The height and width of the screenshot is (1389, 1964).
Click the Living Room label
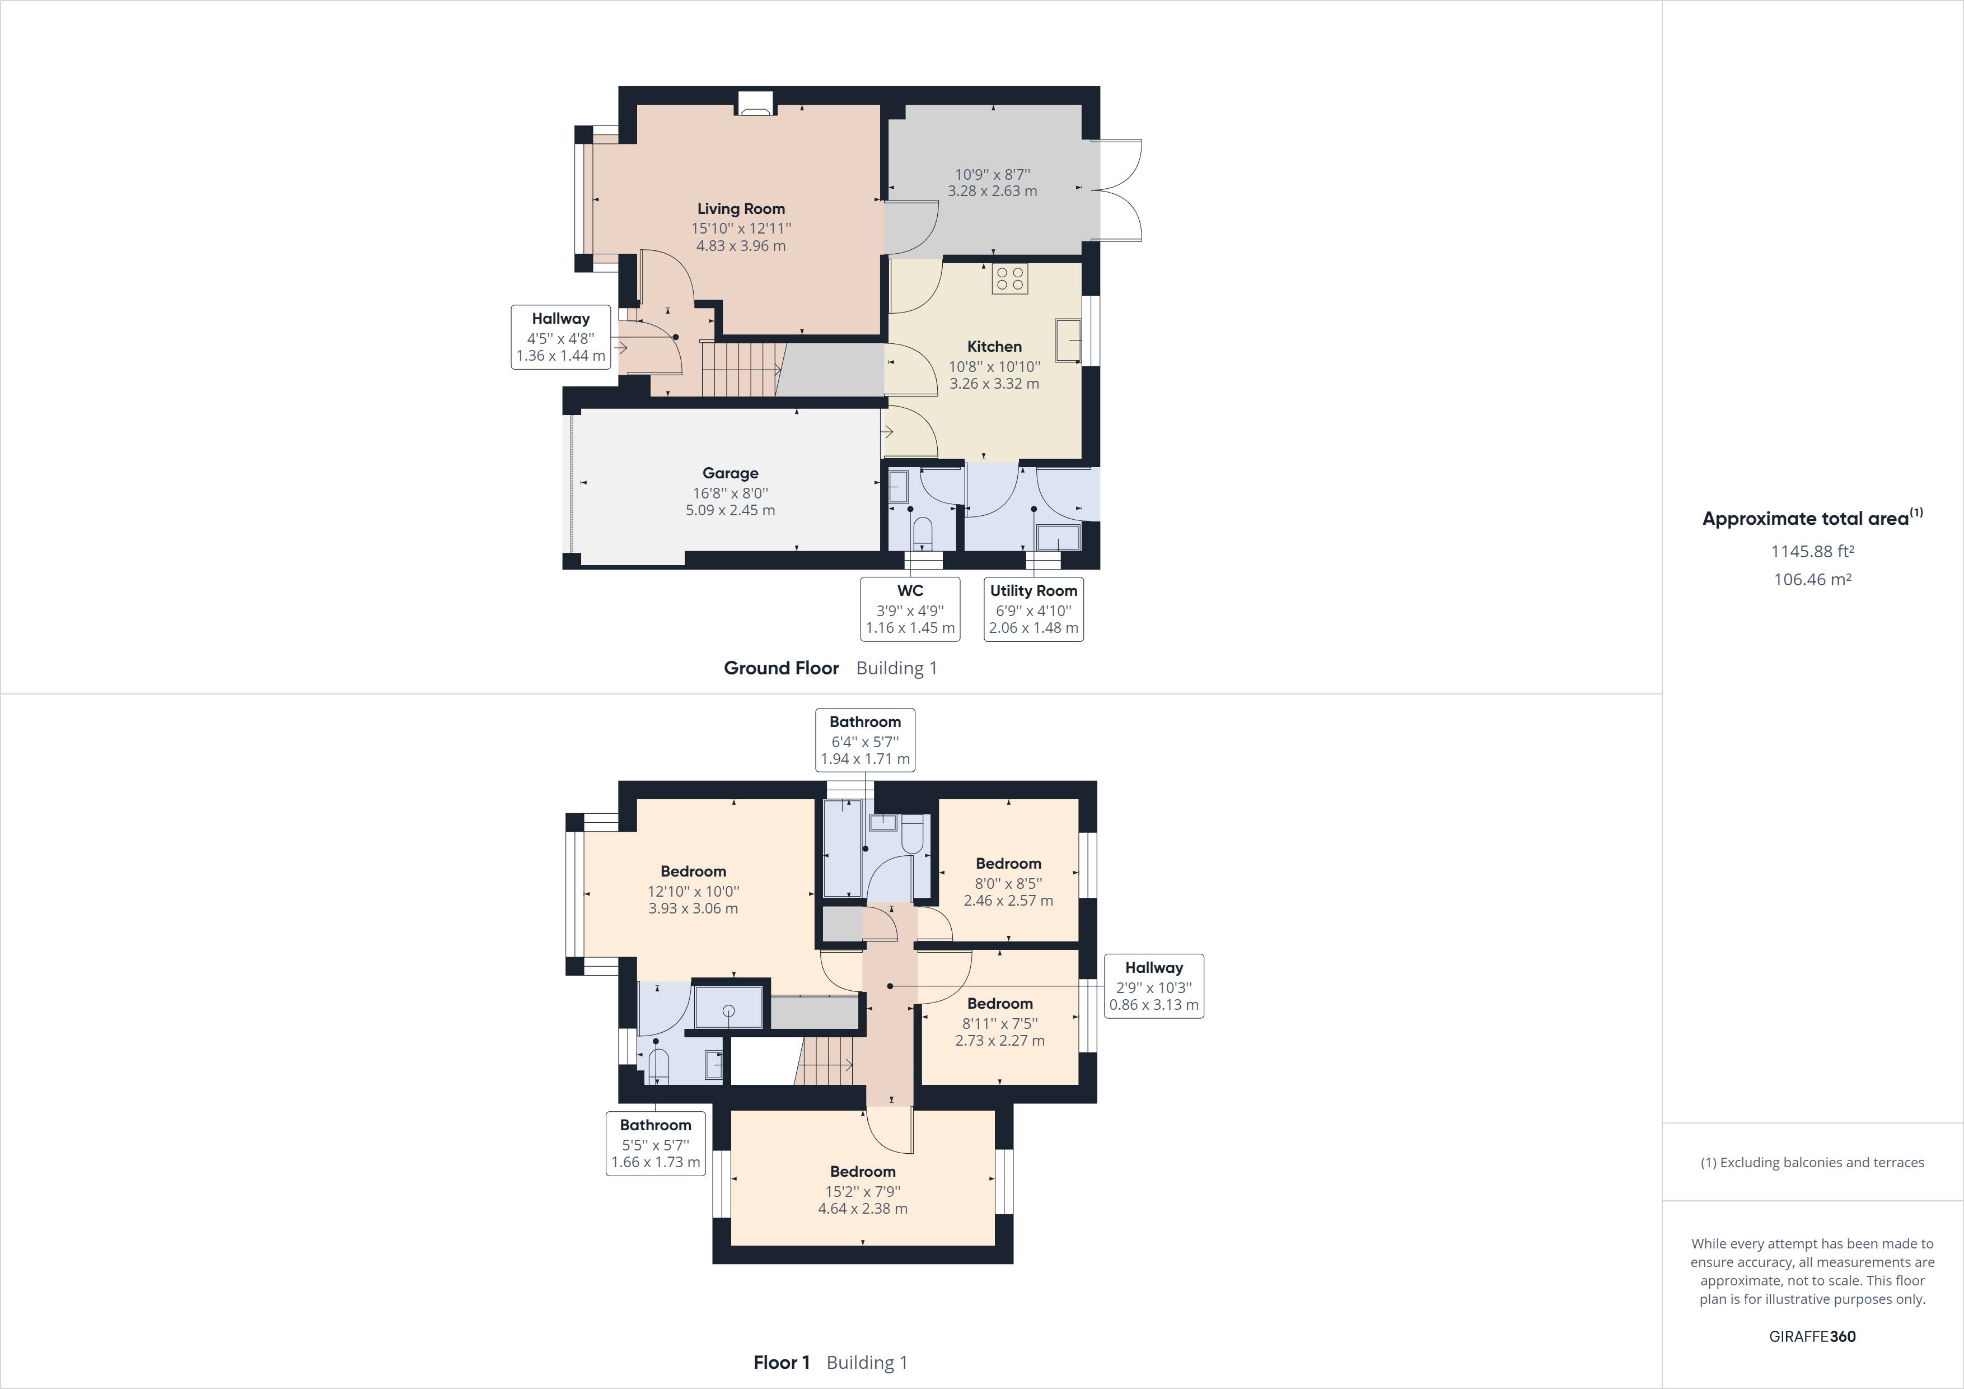point(741,209)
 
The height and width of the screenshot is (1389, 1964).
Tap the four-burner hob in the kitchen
point(1009,279)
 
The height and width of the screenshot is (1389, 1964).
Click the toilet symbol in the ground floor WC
point(922,532)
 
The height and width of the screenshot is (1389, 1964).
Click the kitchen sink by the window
point(1068,340)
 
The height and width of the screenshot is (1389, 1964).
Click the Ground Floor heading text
point(781,668)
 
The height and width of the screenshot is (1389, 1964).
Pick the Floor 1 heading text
point(781,1363)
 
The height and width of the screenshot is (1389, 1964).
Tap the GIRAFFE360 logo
point(1812,1336)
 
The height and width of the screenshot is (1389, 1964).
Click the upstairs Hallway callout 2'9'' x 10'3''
point(1153,986)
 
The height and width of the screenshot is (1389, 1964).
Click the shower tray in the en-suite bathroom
point(728,1007)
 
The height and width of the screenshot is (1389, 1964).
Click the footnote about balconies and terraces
point(1812,1162)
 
